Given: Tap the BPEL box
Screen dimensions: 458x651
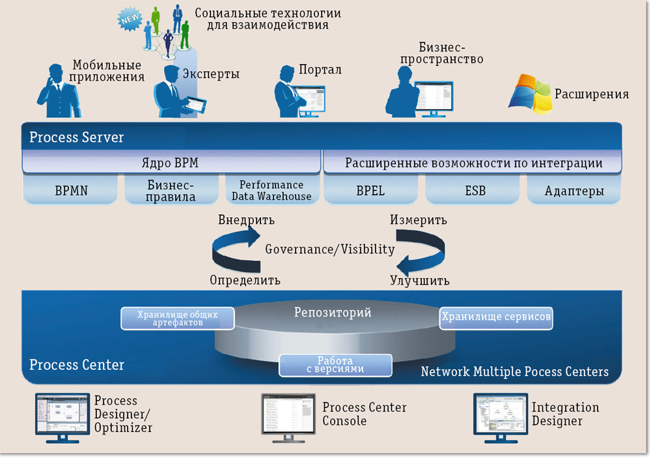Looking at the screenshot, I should [x=370, y=191].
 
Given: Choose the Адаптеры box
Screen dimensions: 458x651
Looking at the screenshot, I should [x=574, y=191].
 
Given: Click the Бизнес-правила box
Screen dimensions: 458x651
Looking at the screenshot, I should [x=171, y=190].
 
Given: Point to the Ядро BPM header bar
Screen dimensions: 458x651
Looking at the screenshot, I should [x=171, y=163].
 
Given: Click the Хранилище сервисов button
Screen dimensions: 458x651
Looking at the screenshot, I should [x=496, y=317].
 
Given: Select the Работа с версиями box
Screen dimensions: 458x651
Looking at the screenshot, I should [x=335, y=365].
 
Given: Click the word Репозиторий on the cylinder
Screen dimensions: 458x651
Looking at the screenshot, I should [x=333, y=313].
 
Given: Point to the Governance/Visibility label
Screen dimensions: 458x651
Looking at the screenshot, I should [x=330, y=249].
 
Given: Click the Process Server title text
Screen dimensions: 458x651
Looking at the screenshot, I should [x=76, y=137].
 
